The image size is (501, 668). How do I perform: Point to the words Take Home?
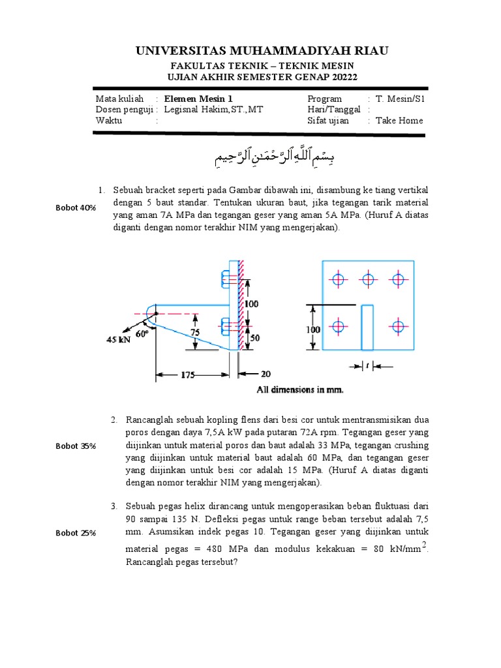(x=399, y=121)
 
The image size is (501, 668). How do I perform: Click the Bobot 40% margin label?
(x=76, y=207)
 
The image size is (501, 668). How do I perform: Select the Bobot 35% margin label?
(x=76, y=446)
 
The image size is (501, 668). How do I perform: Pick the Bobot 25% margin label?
(x=76, y=532)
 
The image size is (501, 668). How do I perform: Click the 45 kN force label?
(x=119, y=339)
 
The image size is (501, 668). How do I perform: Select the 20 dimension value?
(x=265, y=374)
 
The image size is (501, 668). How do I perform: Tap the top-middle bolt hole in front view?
(x=368, y=280)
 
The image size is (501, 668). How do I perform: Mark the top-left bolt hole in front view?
(x=338, y=280)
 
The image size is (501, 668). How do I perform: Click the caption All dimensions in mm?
(x=300, y=390)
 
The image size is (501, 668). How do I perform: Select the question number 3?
(x=113, y=506)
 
